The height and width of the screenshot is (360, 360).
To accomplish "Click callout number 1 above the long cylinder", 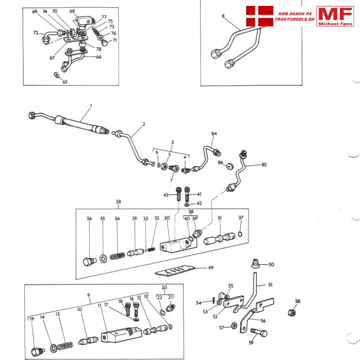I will [x=90, y=106].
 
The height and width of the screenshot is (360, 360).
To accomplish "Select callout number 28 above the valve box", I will [x=119, y=202].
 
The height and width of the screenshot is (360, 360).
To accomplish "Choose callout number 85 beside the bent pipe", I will [x=264, y=165].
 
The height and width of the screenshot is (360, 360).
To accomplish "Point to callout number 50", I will [x=271, y=265].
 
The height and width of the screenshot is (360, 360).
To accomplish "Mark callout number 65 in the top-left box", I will [x=65, y=82].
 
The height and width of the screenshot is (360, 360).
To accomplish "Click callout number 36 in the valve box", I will [x=89, y=219].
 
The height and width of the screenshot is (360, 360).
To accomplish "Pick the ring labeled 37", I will [x=240, y=237].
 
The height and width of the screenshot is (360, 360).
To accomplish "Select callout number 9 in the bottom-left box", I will [x=88, y=294].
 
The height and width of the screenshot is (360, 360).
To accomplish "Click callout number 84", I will [x=214, y=134].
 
